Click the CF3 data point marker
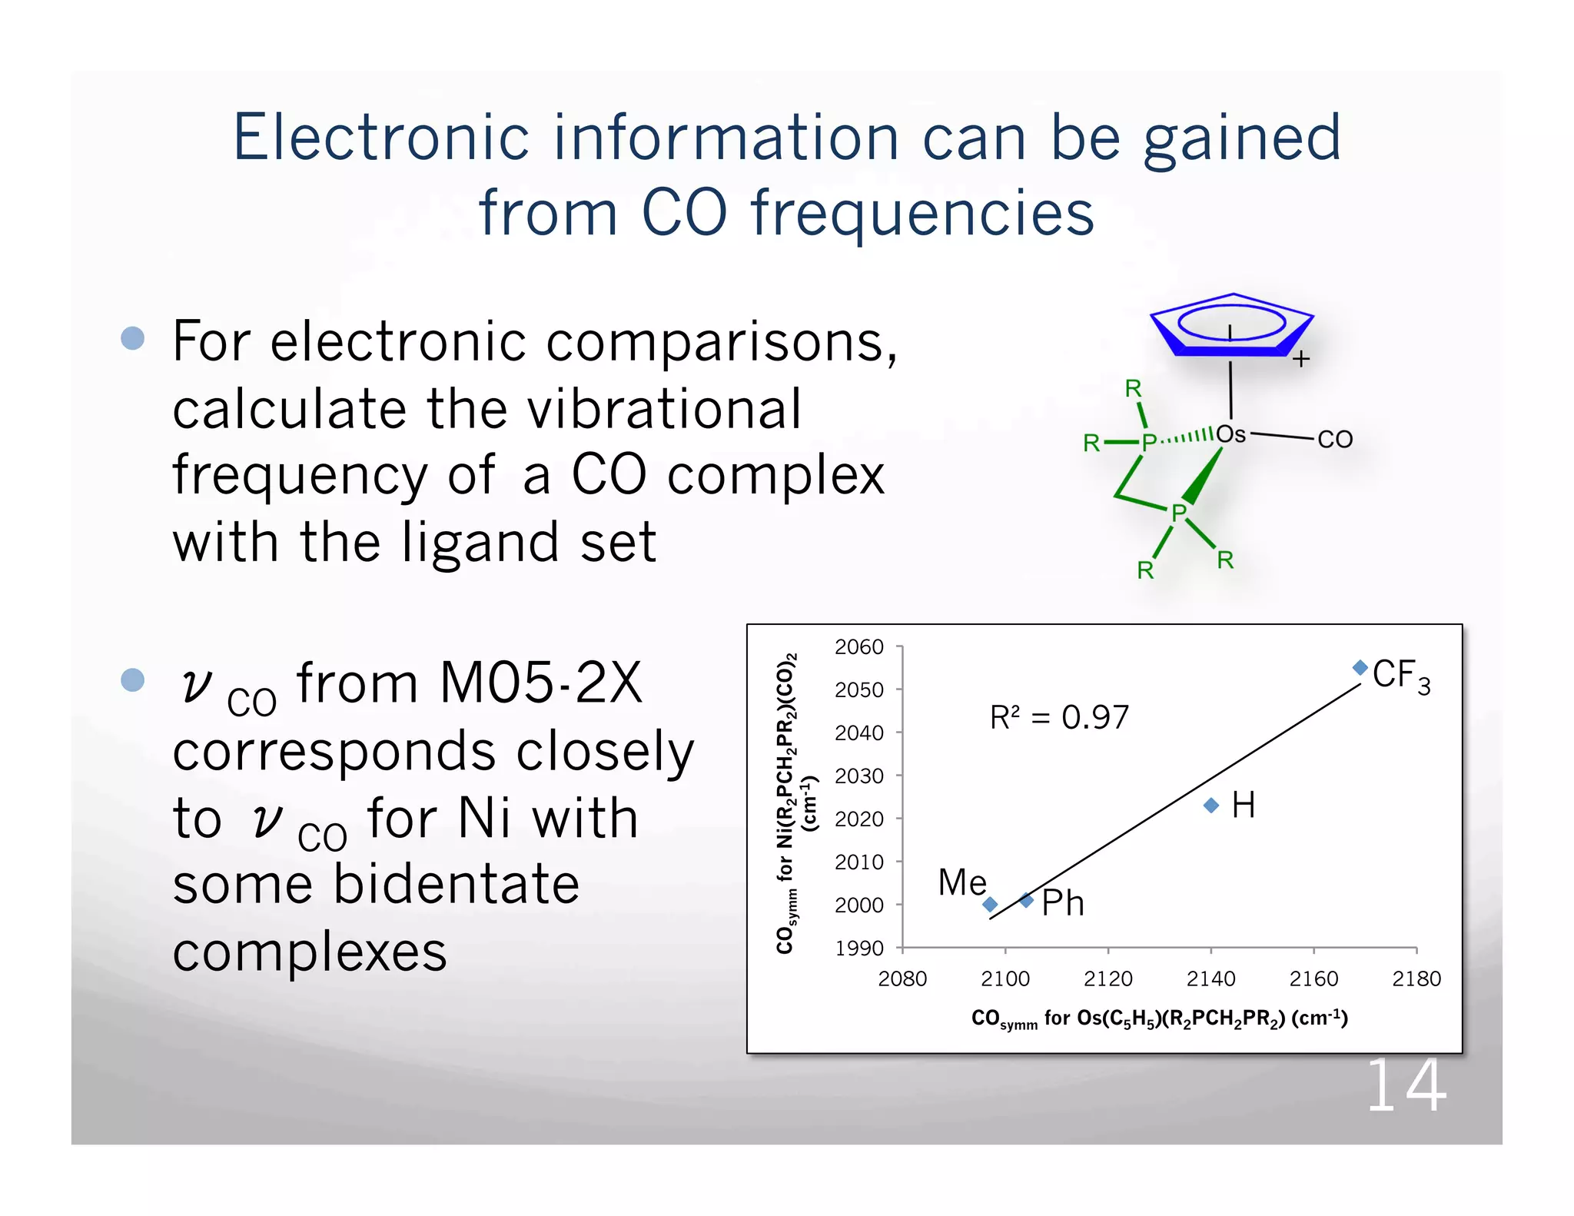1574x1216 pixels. coord(1360,667)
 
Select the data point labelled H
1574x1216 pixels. coord(1211,805)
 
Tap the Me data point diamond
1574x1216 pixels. coord(990,904)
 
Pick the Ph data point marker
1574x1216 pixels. coord(1027,900)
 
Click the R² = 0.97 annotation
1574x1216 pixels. coord(1059,718)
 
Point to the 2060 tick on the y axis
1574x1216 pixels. coord(859,647)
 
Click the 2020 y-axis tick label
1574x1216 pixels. coord(859,819)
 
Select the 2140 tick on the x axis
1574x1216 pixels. coord(1210,978)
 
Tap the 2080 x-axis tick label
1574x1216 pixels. coord(902,978)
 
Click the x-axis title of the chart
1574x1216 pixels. coord(1159,1019)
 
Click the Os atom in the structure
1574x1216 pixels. coord(1230,434)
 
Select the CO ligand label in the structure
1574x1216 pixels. coord(1335,440)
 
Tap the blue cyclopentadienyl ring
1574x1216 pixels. coord(1232,326)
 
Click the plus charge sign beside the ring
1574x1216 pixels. coord(1300,359)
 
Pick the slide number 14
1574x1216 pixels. coord(1406,1086)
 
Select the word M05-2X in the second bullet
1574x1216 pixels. coord(540,683)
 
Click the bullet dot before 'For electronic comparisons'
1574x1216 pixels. coord(133,338)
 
